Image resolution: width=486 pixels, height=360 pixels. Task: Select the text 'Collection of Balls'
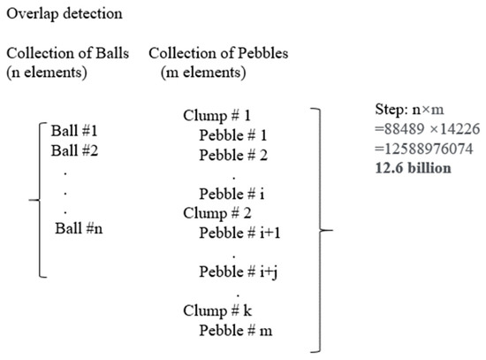[67, 53]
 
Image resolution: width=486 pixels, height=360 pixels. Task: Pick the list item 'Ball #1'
[76, 130]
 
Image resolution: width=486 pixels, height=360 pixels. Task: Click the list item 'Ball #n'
[80, 229]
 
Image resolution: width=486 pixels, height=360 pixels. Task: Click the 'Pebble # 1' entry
[232, 135]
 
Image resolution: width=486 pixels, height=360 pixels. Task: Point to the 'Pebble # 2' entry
[232, 154]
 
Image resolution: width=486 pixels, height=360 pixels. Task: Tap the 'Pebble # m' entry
[233, 329]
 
